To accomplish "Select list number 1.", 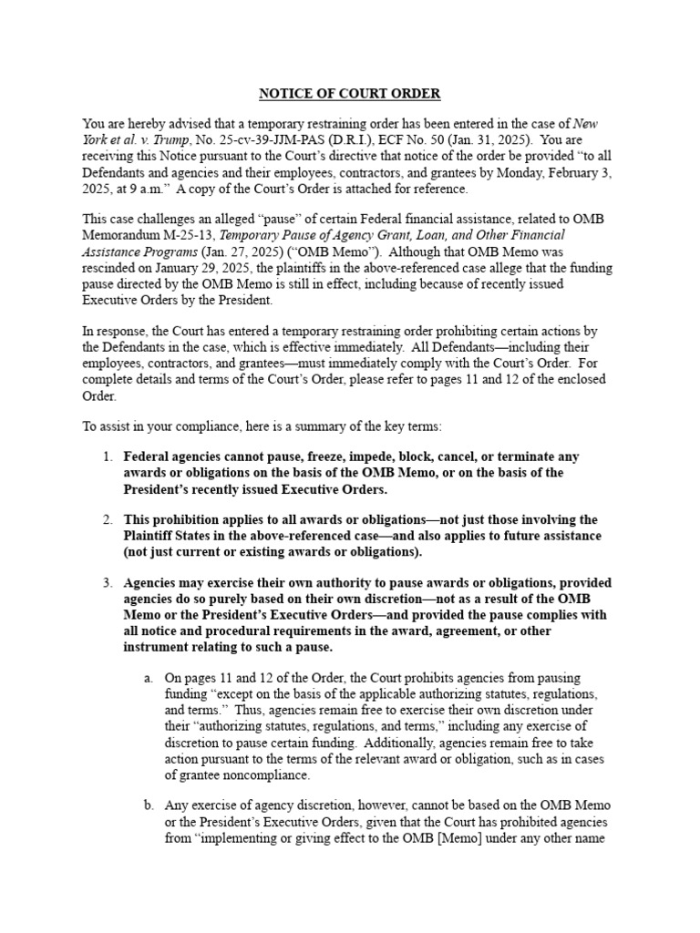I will coord(107,456).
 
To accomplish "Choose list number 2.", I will coord(107,519).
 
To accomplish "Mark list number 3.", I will coord(107,582).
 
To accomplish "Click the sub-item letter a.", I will coord(148,678).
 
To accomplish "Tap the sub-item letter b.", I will coord(148,805).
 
